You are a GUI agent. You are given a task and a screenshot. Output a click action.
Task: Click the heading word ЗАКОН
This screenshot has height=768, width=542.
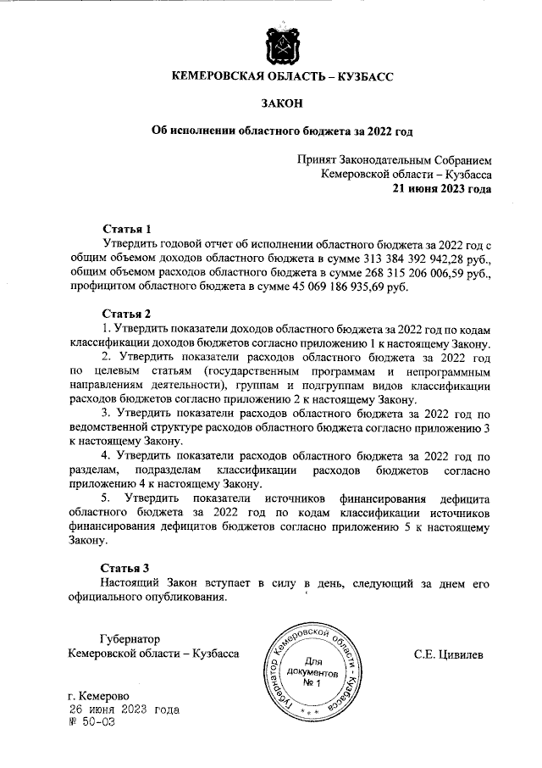(283, 103)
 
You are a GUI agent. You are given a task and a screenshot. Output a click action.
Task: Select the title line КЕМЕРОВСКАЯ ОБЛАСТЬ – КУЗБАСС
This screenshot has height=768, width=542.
(283, 76)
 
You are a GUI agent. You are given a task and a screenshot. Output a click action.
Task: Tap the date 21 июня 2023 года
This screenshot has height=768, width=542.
(441, 189)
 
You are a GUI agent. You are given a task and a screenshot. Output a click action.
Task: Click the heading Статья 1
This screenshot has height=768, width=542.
(126, 228)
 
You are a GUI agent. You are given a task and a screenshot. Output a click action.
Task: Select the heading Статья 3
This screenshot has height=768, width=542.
(126, 567)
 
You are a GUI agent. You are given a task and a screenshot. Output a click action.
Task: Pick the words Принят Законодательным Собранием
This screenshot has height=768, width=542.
(394, 159)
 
